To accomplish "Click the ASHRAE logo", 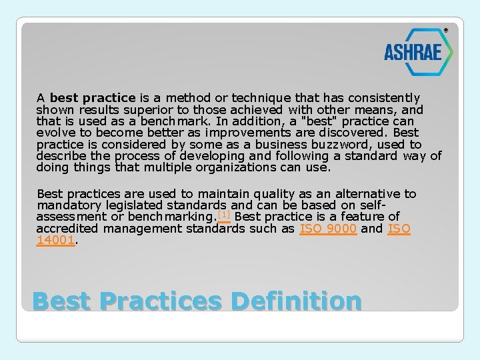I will [417, 51].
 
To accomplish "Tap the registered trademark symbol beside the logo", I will [446, 30].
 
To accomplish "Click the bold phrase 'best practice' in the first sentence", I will [93, 98].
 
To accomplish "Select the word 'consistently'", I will [385, 98].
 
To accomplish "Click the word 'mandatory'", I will [65, 205].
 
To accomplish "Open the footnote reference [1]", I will [223, 215].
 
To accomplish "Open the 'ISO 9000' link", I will [328, 229].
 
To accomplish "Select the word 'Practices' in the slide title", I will [160, 301].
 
